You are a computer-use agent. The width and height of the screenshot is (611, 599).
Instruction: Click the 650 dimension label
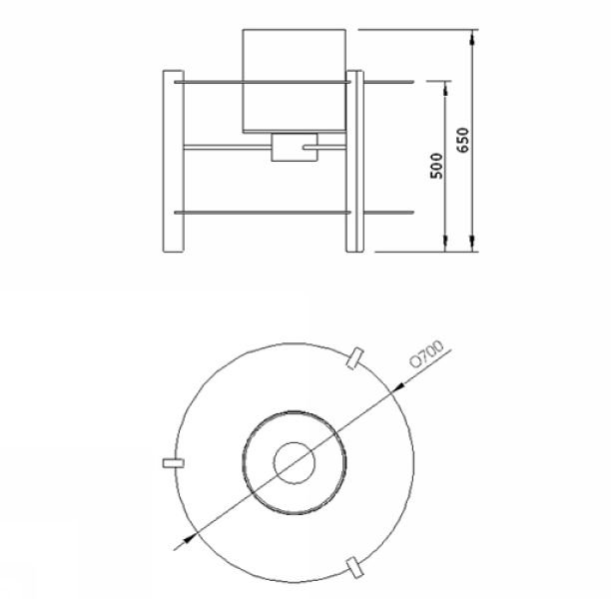[x=463, y=140]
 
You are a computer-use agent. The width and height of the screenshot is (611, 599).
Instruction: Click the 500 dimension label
[x=437, y=166]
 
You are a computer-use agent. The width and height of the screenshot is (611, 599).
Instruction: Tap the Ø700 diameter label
[x=427, y=353]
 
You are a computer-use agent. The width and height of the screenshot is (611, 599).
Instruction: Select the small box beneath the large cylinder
[x=295, y=147]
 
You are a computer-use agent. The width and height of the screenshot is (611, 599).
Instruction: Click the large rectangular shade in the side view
[x=295, y=81]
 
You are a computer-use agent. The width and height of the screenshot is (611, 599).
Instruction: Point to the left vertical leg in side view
[x=173, y=162]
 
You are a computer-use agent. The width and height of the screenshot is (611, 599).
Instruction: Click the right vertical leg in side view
[x=354, y=162]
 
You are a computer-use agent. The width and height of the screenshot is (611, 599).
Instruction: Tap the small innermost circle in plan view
[x=295, y=463]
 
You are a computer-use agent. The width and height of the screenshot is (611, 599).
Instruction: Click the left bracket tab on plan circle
[x=173, y=463]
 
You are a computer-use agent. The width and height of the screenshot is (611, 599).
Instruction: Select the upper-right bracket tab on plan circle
[x=355, y=358]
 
